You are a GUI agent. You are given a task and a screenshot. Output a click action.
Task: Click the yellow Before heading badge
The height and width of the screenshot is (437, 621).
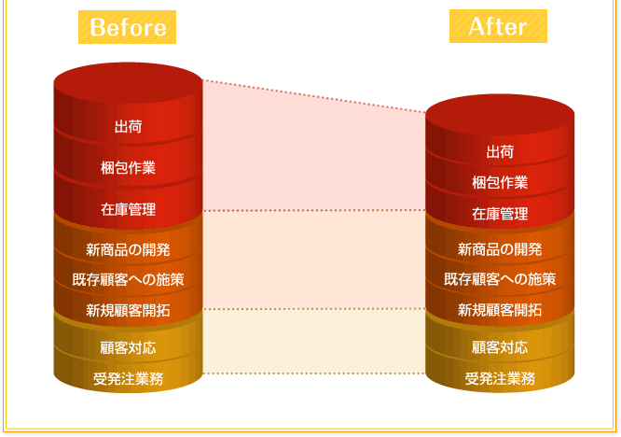pyautogui.click(x=128, y=28)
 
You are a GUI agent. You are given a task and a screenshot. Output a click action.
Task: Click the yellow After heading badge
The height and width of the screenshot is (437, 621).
pyautogui.click(x=498, y=27)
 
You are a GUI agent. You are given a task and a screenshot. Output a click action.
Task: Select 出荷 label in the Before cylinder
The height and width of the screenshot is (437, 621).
pyautogui.click(x=128, y=127)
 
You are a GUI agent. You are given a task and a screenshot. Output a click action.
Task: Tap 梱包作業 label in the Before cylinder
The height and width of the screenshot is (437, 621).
pyautogui.click(x=128, y=168)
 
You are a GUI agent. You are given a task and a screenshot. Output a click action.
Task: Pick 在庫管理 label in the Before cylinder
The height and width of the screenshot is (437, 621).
pyautogui.click(x=128, y=209)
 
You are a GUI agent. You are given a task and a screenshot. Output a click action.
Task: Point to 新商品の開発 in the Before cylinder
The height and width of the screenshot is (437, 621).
pyautogui.click(x=128, y=249)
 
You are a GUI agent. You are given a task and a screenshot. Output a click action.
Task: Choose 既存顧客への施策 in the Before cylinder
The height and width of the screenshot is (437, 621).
pyautogui.click(x=128, y=278)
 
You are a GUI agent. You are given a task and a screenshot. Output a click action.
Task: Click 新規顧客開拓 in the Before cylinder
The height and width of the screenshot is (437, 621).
pyautogui.click(x=128, y=309)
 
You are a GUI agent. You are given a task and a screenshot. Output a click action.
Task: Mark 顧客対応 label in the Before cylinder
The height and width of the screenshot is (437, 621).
pyautogui.click(x=128, y=348)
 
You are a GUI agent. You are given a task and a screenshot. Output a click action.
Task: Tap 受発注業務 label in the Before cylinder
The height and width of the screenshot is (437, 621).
pyautogui.click(x=128, y=378)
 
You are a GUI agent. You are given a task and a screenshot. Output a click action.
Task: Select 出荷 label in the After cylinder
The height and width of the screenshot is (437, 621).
pyautogui.click(x=500, y=151)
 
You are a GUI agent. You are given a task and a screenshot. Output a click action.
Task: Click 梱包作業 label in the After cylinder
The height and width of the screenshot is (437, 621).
pyautogui.click(x=500, y=182)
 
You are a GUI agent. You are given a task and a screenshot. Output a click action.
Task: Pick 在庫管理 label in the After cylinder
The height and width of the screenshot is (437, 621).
pyautogui.click(x=500, y=214)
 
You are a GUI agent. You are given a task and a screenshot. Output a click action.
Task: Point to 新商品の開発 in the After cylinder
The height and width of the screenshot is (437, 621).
pyautogui.click(x=500, y=249)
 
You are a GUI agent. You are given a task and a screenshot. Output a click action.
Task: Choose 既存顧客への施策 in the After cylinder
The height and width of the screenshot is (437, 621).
pyautogui.click(x=500, y=278)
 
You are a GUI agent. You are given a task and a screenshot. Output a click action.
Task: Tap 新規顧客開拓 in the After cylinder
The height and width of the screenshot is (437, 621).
pyautogui.click(x=500, y=309)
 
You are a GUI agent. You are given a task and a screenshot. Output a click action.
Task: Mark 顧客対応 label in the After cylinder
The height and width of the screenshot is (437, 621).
pyautogui.click(x=500, y=348)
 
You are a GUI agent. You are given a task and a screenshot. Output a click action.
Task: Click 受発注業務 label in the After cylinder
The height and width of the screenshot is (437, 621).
pyautogui.click(x=500, y=378)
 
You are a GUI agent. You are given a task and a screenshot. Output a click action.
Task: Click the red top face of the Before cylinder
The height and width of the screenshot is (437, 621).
pyautogui.click(x=128, y=80)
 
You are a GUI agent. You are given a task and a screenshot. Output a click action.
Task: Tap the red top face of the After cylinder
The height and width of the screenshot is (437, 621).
pyautogui.click(x=500, y=111)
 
